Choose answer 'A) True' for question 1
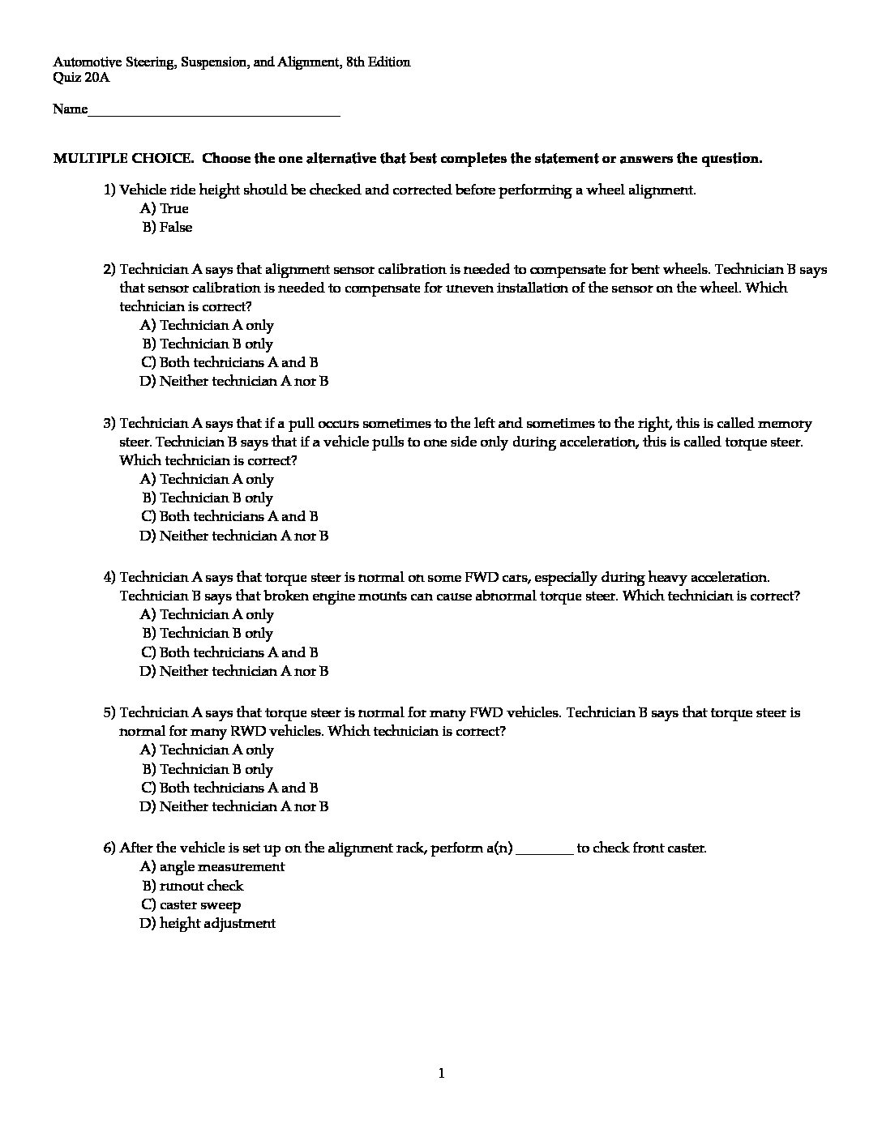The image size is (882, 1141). click(165, 209)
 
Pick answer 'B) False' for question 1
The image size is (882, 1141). click(167, 228)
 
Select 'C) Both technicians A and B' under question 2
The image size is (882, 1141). click(229, 362)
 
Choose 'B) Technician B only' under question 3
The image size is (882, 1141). click(208, 498)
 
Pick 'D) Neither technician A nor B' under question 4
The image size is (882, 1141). click(234, 671)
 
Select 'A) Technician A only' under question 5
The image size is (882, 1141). click(208, 750)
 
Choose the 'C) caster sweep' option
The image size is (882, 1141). click(191, 905)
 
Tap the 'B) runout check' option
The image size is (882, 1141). click(192, 887)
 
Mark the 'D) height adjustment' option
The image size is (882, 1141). click(208, 924)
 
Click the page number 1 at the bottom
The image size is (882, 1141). click(441, 1075)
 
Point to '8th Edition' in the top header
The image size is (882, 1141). click(378, 62)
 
